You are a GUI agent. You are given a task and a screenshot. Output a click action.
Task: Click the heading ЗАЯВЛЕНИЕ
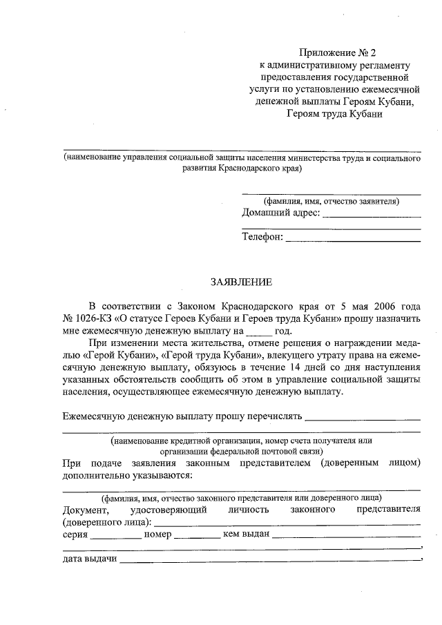point(242,282)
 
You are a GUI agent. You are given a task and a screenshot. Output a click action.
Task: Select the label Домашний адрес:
point(281,213)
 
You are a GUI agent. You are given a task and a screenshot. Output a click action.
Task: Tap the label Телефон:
point(262,238)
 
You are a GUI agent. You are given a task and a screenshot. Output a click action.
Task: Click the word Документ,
point(86,510)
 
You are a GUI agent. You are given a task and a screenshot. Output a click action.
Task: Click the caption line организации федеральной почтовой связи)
point(241,450)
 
